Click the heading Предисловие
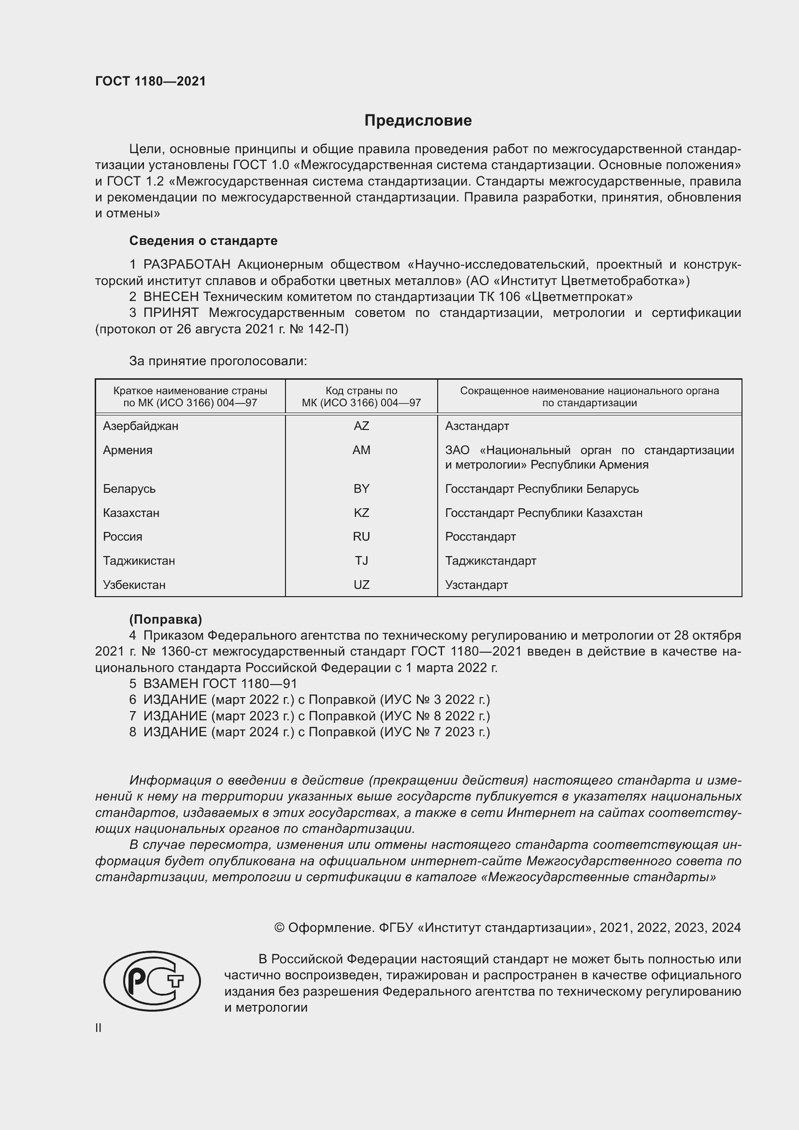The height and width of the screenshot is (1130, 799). pos(418,121)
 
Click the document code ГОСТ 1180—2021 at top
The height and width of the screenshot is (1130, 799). pos(150,81)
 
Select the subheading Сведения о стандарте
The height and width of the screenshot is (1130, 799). pos(203,241)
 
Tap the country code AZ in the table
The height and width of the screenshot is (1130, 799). pos(361,426)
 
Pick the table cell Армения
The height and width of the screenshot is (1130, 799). pos(128,450)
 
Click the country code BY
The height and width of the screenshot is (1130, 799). pos(361,489)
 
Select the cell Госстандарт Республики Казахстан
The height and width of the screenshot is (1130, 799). pos(543,513)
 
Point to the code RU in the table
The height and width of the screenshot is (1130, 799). pos(361,536)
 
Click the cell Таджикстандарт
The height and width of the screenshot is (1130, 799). pos(490,560)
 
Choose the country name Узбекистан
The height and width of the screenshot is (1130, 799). pos(134,585)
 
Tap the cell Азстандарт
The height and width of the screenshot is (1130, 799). pos(477,426)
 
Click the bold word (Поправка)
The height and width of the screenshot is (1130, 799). pos(165,619)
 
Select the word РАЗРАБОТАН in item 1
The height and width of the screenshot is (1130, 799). pos(186,265)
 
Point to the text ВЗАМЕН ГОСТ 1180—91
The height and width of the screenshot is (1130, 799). pos(220,684)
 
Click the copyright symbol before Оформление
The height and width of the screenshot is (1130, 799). pos(279,928)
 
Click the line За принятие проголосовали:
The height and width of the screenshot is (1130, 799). pos(218,361)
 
